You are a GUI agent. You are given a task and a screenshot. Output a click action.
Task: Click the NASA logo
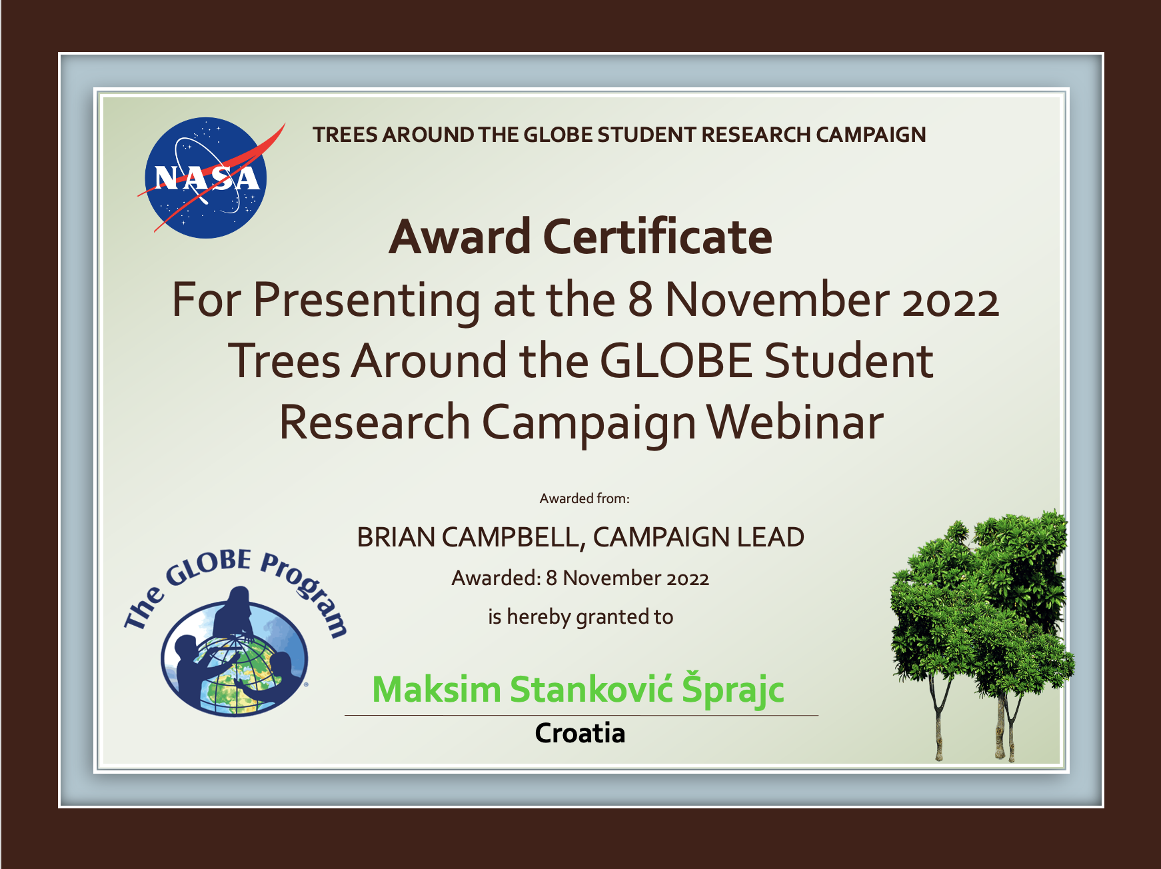tap(207, 178)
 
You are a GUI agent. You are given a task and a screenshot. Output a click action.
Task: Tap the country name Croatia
tap(580, 734)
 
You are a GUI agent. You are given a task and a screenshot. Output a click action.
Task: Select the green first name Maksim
tap(437, 689)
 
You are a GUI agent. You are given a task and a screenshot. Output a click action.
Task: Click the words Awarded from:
tap(584, 498)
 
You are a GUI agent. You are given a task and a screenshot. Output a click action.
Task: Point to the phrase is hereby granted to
tap(580, 617)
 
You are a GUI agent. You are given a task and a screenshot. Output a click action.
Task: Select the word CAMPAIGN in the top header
tap(871, 135)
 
